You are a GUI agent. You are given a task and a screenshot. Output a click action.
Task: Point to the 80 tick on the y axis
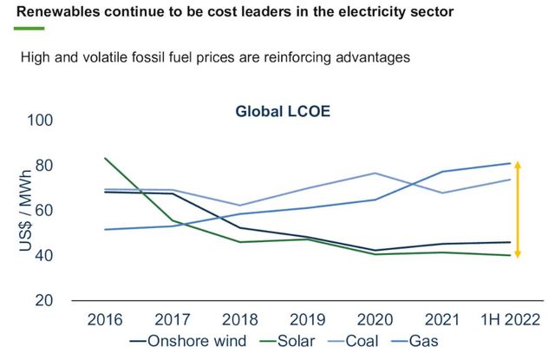click(x=45, y=165)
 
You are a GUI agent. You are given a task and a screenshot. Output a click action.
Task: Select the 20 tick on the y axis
click(x=45, y=300)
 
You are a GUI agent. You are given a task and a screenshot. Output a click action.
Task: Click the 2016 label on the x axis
click(x=105, y=319)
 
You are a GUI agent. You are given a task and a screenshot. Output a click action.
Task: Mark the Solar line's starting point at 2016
click(x=105, y=158)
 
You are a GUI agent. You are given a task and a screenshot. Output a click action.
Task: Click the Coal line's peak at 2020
click(x=375, y=173)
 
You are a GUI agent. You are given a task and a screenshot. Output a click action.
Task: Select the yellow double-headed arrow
click(x=518, y=209)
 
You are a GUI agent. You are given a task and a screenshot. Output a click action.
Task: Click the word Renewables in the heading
click(x=62, y=11)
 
